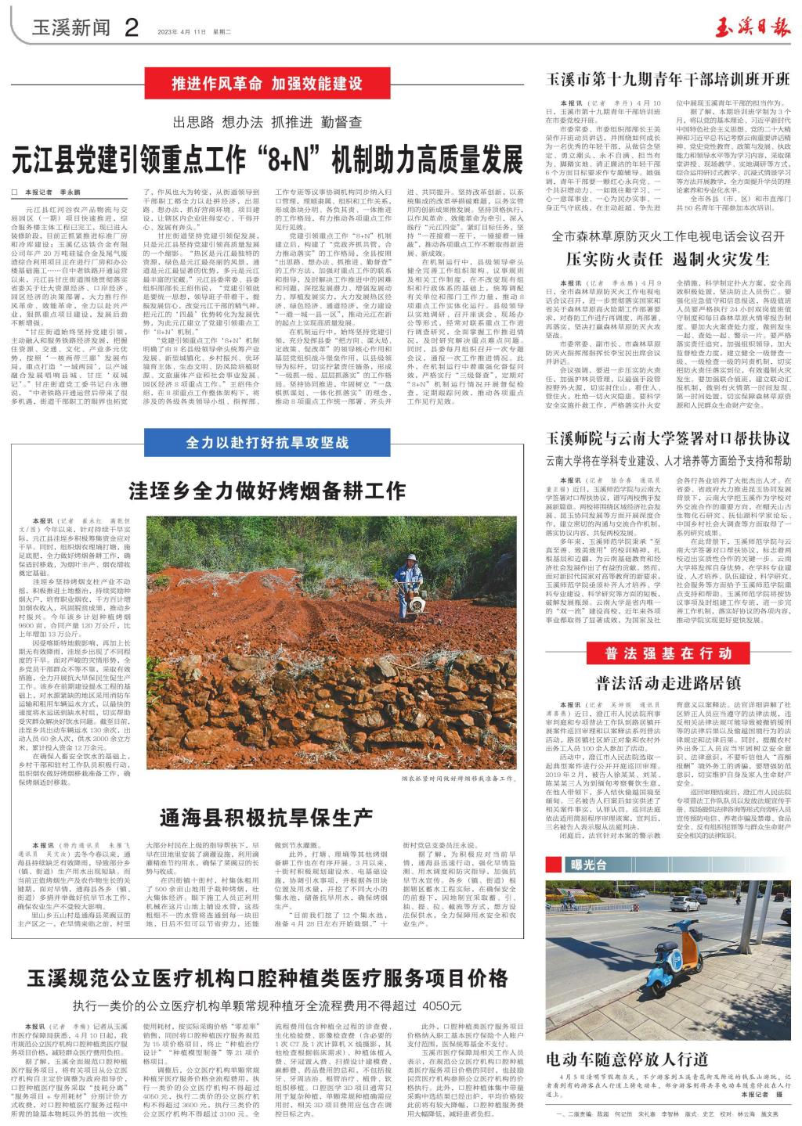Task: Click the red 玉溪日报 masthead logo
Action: (x=753, y=29)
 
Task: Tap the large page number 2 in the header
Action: (x=131, y=28)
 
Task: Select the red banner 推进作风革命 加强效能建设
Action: (x=267, y=83)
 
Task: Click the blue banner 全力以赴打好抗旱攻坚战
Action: (x=267, y=443)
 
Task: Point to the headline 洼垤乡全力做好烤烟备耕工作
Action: (x=267, y=491)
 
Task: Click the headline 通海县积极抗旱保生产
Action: (x=266, y=818)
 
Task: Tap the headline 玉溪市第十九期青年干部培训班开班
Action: (x=668, y=80)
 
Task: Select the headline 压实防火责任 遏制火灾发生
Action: (x=668, y=259)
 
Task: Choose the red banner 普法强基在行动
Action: (x=668, y=653)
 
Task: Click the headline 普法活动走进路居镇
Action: (x=668, y=682)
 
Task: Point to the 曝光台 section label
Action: (x=589, y=865)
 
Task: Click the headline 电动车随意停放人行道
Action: (x=627, y=1059)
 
